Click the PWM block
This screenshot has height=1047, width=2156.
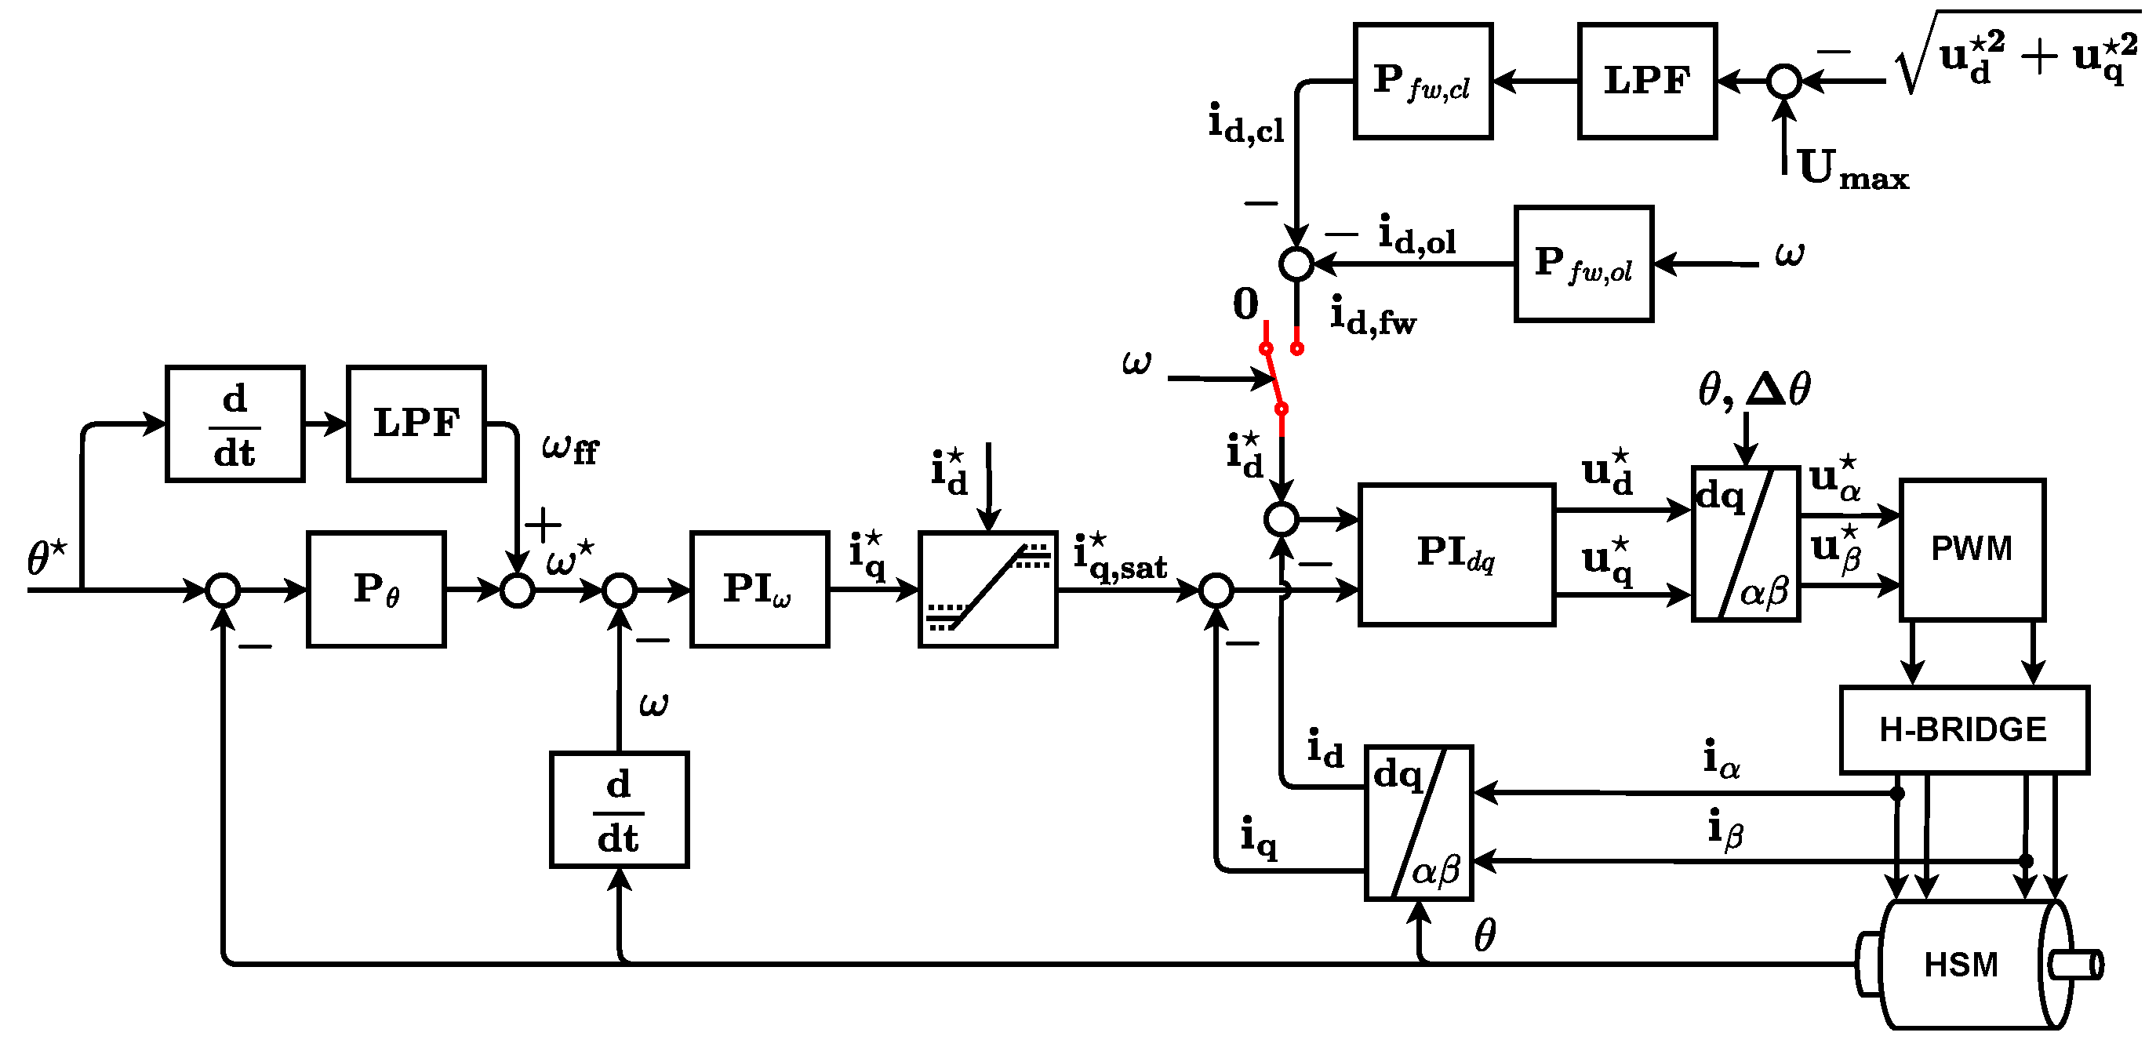(1971, 550)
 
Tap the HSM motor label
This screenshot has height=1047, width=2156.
(1960, 965)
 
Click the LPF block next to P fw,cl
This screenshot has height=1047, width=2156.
(1646, 82)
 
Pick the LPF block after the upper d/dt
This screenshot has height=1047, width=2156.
(416, 424)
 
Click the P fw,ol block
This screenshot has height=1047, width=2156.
(1583, 264)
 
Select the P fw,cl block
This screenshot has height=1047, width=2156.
(1422, 82)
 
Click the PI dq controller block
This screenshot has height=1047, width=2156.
(1456, 554)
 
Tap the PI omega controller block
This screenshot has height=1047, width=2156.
(759, 589)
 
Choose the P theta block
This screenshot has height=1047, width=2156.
(376, 589)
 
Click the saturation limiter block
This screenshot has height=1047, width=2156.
(987, 589)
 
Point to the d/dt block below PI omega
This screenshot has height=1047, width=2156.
(619, 810)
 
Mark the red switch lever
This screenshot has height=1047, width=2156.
(1273, 378)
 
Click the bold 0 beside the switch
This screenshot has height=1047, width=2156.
(1245, 304)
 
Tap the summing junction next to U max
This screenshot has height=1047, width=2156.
(1783, 82)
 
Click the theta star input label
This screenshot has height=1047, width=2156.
(46, 558)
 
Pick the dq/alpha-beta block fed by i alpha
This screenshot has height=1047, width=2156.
(1419, 823)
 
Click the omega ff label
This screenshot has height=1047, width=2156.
(570, 449)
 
